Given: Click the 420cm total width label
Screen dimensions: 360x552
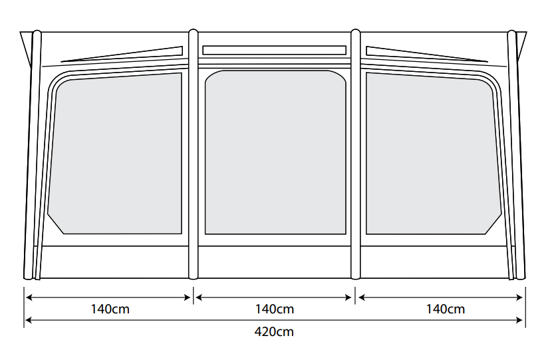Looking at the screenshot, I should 274,331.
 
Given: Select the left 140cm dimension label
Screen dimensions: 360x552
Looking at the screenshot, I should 110,309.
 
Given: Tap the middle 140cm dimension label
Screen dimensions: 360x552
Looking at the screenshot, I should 274,309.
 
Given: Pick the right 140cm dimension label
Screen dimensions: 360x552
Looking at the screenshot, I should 446,309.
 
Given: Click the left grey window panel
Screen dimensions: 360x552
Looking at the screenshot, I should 116,153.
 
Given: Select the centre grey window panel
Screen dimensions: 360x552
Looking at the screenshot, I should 275,153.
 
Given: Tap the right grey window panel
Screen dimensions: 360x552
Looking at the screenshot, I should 432,153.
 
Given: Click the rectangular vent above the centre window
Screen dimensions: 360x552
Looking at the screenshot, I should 274,50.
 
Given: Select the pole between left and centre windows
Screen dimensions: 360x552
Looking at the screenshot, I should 193,153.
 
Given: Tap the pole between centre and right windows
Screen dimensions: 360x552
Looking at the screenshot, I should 355,153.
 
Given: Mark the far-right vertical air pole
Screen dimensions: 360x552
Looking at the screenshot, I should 513,153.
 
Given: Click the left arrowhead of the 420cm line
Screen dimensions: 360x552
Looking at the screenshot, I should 28,321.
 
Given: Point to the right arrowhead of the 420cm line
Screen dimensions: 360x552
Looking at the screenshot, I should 521,321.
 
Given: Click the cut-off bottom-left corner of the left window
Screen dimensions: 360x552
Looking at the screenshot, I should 55,224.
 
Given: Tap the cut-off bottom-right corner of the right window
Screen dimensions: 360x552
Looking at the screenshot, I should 493,224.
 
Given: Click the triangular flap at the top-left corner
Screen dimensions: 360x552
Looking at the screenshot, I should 26,44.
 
